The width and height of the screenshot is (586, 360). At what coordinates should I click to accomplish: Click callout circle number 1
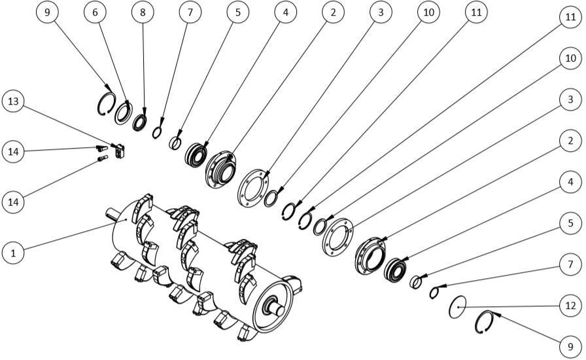(x=13, y=253)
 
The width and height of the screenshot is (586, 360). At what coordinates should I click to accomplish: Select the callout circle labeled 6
(x=95, y=12)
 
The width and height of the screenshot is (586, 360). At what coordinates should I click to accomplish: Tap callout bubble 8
(x=143, y=12)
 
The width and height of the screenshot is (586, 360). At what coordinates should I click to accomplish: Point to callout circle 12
(x=570, y=306)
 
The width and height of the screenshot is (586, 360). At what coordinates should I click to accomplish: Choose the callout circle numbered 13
(x=13, y=101)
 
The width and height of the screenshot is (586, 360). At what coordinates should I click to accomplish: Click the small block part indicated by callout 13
(x=120, y=151)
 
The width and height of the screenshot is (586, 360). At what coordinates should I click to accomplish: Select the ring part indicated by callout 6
(x=124, y=113)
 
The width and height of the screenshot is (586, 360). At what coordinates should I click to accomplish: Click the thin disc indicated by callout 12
(x=457, y=307)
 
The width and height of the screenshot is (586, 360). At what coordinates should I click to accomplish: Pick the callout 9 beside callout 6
(x=47, y=12)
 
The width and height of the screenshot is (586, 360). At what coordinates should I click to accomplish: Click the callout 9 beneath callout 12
(x=570, y=346)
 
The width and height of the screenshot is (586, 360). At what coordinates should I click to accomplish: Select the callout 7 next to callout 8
(x=190, y=12)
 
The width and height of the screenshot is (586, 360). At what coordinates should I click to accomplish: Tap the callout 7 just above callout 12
(x=570, y=264)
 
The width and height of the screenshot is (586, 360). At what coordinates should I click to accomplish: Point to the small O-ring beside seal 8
(x=157, y=132)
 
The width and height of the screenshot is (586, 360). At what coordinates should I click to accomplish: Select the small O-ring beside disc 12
(x=434, y=293)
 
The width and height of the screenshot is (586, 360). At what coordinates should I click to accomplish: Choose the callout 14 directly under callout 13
(x=13, y=152)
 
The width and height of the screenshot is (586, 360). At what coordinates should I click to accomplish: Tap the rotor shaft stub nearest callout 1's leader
(x=111, y=213)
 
